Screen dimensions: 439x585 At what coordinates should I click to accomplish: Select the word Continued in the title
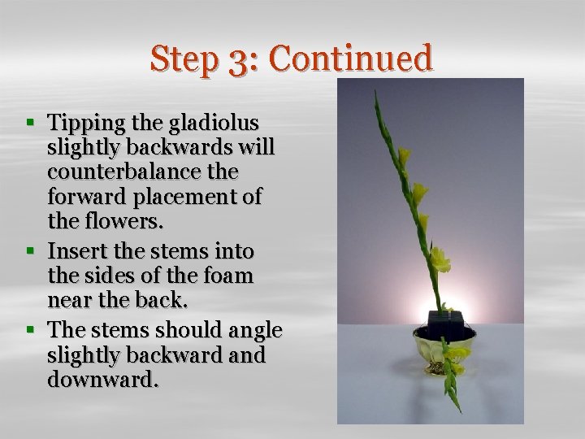click(x=350, y=59)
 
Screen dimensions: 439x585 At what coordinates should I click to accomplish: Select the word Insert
click(x=74, y=251)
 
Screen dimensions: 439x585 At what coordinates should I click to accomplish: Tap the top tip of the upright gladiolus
click(x=375, y=92)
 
